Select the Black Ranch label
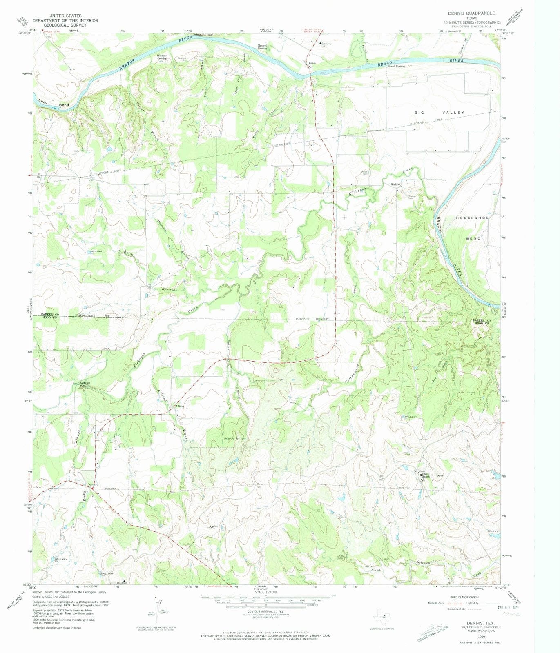tap(426, 476)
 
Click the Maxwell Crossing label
tap(262, 47)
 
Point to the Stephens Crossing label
tap(162, 57)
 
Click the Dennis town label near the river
tap(312, 63)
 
